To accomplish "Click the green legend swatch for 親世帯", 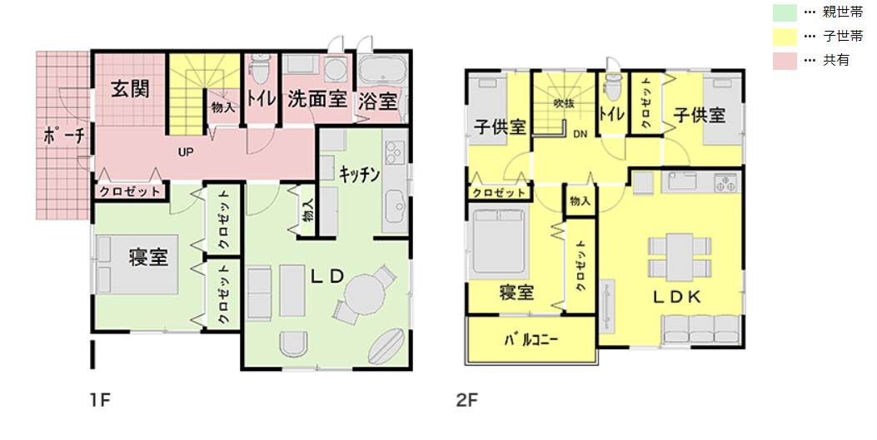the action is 785,12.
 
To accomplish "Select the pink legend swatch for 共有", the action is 785,61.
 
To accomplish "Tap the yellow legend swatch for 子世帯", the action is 785,37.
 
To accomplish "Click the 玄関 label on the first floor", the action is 130,88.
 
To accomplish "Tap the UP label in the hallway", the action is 186,152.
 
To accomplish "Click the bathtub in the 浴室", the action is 382,71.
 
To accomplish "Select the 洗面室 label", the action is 317,99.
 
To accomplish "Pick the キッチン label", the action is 359,174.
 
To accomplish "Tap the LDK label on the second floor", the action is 677,297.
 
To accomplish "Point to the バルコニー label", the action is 531,339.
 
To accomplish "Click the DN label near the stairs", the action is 580,135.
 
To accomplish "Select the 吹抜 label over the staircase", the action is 564,103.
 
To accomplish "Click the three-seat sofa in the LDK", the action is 701,329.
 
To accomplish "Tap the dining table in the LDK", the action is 680,256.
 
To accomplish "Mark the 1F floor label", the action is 100,400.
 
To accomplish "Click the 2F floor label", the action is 467,400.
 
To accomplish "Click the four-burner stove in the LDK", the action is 726,183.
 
